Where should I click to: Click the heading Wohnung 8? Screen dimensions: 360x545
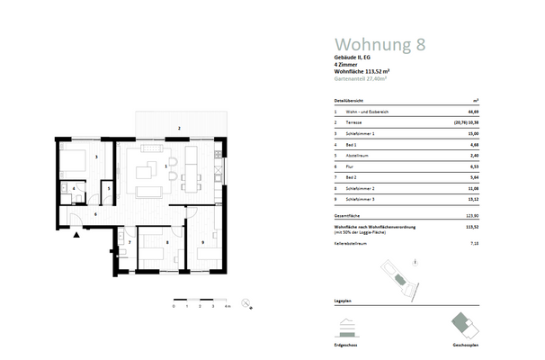[x=379, y=43]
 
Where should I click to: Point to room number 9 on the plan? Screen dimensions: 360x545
[x=203, y=242]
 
